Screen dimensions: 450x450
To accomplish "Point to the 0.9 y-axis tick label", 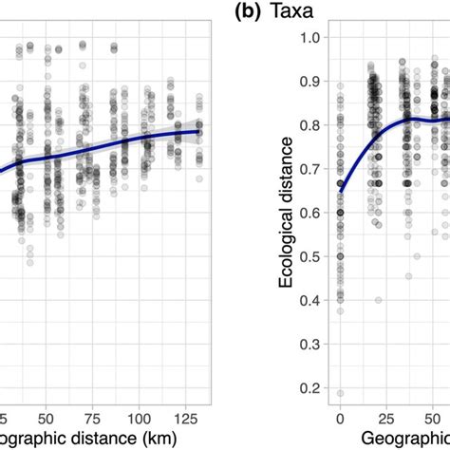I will click(x=309, y=81).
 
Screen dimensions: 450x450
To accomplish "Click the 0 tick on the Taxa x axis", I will click(x=340, y=417).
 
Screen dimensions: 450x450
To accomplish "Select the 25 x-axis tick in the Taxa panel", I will click(x=378, y=417).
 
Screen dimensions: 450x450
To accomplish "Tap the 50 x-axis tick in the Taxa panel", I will click(x=415, y=417).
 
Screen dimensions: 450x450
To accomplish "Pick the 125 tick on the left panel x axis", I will click(x=194, y=417).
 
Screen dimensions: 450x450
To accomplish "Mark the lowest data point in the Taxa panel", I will click(x=340, y=393).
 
